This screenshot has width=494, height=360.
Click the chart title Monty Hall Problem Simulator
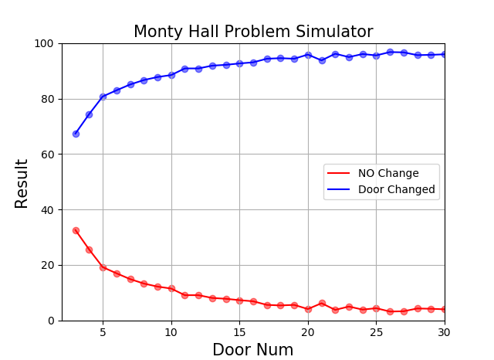click(x=253, y=32)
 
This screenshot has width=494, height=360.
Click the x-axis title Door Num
click(x=253, y=350)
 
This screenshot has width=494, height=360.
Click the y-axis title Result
click(x=22, y=183)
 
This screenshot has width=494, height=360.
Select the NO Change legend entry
click(x=388, y=174)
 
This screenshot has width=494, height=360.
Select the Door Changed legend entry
click(x=396, y=189)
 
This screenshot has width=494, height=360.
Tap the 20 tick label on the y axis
click(x=48, y=265)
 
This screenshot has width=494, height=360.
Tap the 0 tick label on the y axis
click(x=51, y=321)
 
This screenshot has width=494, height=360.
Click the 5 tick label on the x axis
click(x=103, y=332)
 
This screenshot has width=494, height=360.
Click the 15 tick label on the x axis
click(x=239, y=332)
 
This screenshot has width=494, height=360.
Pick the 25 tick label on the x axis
click(x=376, y=332)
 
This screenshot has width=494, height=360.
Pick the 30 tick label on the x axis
click(x=445, y=332)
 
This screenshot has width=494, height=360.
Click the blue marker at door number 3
click(x=76, y=134)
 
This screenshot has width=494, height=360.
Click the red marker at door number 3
click(x=76, y=230)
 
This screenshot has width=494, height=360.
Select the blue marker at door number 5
click(x=103, y=97)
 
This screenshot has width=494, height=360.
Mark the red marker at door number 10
click(x=171, y=288)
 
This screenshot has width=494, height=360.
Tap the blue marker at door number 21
click(x=322, y=60)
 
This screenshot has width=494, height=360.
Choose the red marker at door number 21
click(x=322, y=303)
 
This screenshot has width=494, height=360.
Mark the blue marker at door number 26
click(x=390, y=52)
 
